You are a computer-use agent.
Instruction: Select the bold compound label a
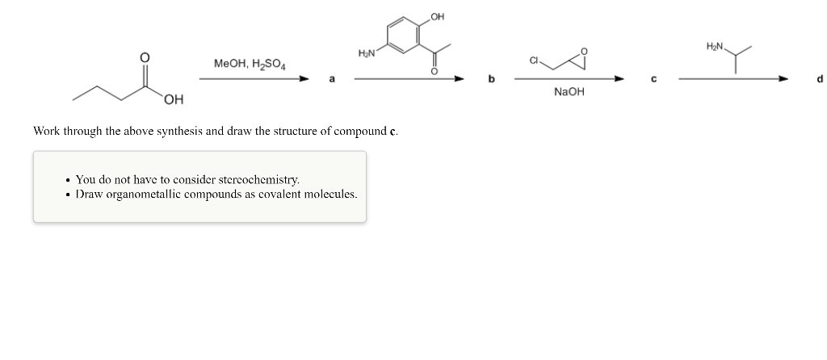[x=330, y=79]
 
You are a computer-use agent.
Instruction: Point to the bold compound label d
[x=819, y=79]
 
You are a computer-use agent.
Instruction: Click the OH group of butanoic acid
[x=172, y=99]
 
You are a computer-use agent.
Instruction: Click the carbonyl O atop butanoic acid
[x=145, y=57]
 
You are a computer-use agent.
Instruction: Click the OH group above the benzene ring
[x=437, y=16]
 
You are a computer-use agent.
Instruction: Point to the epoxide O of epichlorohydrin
[x=586, y=52]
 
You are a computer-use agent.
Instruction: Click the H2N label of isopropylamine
[x=716, y=47]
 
